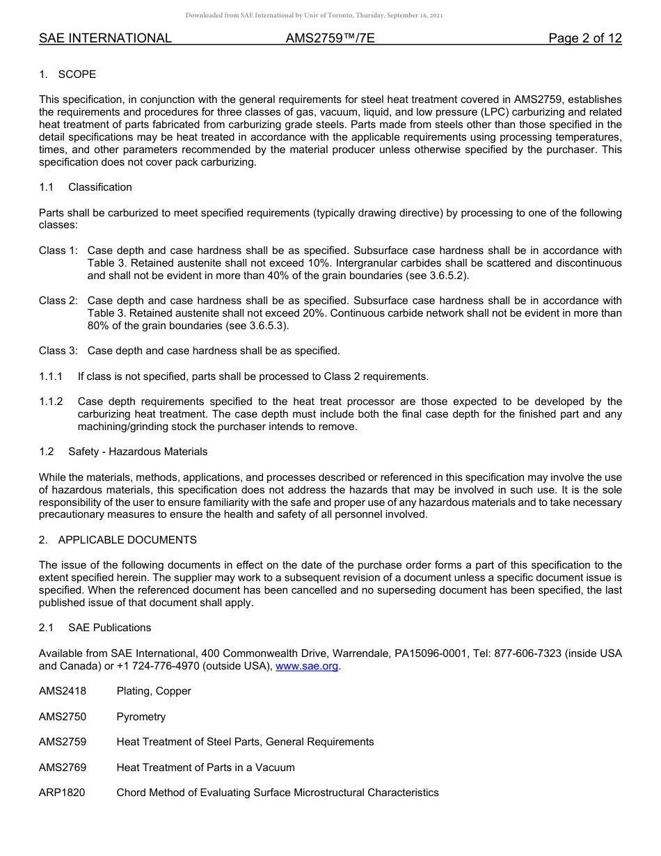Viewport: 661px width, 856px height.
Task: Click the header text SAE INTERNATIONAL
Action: [105, 38]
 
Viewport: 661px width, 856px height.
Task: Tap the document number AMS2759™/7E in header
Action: [330, 38]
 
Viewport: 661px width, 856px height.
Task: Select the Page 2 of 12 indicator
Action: [584, 38]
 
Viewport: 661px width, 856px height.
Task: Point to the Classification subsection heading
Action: [99, 187]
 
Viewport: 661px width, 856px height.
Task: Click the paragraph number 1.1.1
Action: [51, 377]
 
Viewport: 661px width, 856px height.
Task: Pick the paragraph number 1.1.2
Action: [51, 402]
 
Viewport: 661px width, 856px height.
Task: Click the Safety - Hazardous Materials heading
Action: [138, 452]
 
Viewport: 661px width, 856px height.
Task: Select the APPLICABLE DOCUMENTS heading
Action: [127, 540]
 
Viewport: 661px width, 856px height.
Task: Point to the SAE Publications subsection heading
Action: [109, 628]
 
